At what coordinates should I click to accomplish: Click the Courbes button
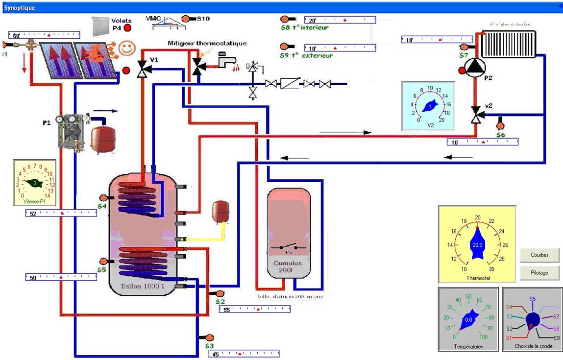coord(539,255)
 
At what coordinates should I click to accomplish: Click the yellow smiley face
coord(127,48)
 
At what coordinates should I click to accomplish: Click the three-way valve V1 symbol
coord(144,69)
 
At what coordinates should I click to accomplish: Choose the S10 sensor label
coord(203,19)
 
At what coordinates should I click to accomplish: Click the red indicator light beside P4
coord(128,28)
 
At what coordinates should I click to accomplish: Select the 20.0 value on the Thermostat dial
coord(477,245)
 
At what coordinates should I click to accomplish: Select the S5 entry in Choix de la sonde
coord(533,298)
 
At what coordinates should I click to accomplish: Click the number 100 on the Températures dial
coord(484,337)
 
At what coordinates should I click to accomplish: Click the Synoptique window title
coord(20,8)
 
